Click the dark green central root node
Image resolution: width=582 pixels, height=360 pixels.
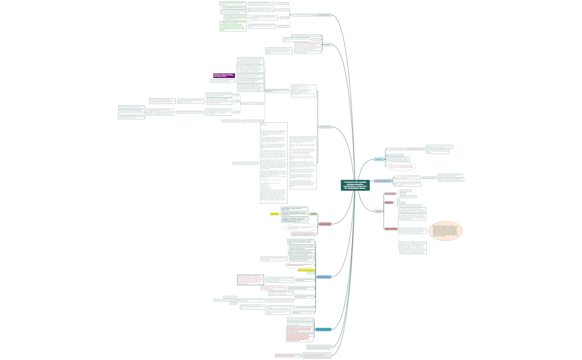click(355, 185)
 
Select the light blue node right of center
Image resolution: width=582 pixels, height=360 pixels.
click(379, 160)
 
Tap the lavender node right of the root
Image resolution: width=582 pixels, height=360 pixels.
click(382, 181)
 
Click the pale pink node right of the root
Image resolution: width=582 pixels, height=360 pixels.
click(378, 211)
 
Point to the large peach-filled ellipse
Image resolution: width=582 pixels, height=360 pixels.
click(446, 231)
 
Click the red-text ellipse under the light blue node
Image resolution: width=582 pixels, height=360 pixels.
click(401, 166)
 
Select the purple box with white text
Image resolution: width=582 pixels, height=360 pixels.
click(224, 75)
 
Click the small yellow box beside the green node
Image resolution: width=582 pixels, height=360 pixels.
click(274, 214)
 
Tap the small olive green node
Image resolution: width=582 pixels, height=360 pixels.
click(313, 214)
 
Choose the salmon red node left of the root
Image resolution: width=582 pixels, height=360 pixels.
click(325, 224)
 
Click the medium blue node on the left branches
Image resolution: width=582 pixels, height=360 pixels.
click(324, 276)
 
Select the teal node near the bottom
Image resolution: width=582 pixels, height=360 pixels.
click(323, 330)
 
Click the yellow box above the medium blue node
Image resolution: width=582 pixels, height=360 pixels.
click(306, 270)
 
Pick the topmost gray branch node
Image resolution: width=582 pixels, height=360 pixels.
click(324, 15)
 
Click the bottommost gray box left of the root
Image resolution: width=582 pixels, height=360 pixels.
click(319, 355)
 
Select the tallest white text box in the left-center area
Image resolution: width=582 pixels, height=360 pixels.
click(274, 163)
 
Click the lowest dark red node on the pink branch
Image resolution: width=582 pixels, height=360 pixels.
click(391, 229)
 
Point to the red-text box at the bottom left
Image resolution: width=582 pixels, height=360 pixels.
click(287, 355)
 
